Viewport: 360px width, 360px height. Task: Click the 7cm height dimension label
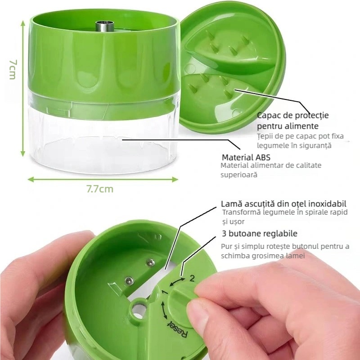[13, 70]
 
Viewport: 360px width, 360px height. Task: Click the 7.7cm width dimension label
[100, 189]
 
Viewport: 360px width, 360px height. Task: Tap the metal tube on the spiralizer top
[105, 26]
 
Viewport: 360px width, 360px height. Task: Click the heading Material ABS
[246, 157]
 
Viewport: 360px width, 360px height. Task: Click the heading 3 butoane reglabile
[260, 234]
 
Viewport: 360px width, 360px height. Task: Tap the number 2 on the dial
[192, 279]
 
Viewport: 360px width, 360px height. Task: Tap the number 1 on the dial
[165, 292]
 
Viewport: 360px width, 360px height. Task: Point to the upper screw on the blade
[150, 263]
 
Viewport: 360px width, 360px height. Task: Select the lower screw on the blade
[129, 280]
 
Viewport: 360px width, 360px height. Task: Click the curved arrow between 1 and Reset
[163, 310]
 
